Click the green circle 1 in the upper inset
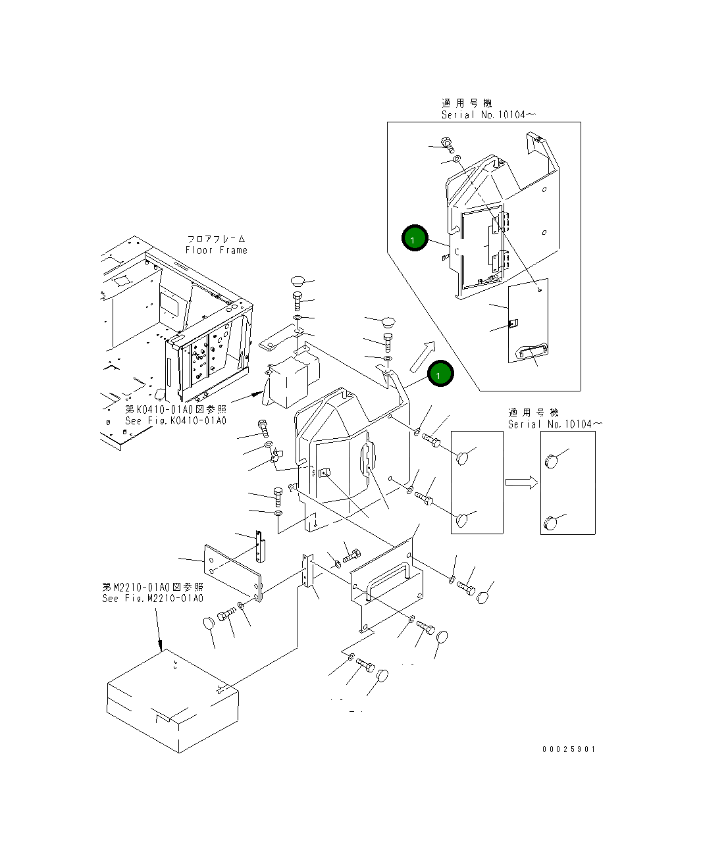point(415,238)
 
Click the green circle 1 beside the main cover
point(440,374)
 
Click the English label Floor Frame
point(216,250)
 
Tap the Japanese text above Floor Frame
point(216,239)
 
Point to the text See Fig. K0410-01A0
point(176,420)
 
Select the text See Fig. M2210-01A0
point(153,598)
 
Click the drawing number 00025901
point(569,749)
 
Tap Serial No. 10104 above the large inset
point(484,114)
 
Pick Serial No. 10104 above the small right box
point(550,424)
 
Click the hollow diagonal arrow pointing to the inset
point(422,357)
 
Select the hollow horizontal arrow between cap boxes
point(521,482)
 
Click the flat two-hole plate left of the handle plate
point(233,570)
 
